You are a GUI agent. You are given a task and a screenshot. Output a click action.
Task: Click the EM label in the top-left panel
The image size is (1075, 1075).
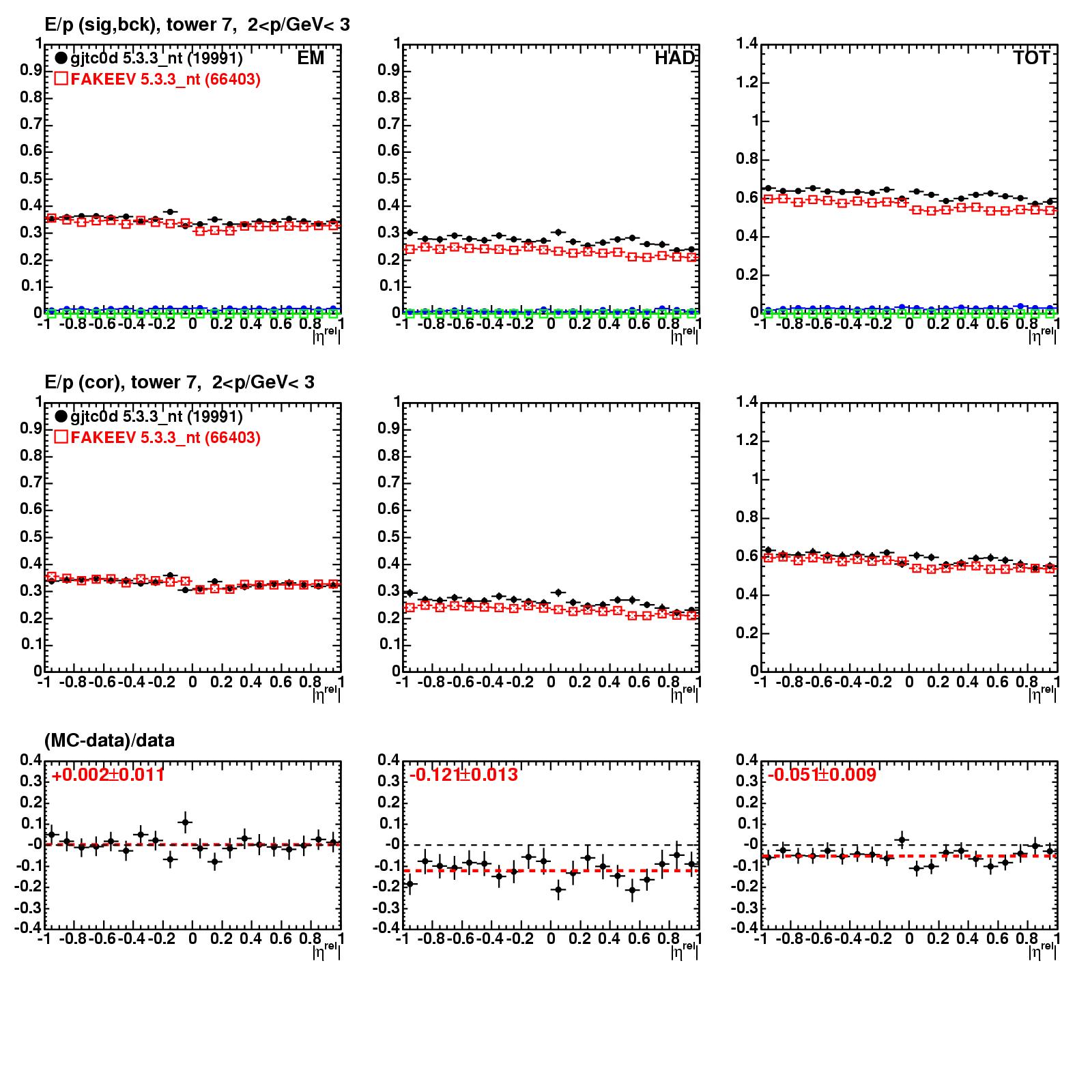311,58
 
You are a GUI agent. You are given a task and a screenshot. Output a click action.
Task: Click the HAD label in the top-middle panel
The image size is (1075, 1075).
674,58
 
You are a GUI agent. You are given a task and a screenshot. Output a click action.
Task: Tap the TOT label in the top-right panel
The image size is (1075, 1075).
1031,58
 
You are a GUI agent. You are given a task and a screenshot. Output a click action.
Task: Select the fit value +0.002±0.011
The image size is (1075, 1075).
108,775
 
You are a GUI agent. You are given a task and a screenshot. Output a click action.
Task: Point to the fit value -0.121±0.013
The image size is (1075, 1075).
463,775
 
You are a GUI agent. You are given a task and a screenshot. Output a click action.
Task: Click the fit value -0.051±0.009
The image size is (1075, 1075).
822,775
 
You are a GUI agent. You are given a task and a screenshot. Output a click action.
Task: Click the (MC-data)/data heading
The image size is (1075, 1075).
109,740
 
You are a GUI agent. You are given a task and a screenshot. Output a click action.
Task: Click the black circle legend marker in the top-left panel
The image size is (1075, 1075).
61,58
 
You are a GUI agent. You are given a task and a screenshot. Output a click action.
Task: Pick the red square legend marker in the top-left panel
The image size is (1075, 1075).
61,79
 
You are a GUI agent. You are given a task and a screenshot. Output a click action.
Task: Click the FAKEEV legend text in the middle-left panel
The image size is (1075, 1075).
165,438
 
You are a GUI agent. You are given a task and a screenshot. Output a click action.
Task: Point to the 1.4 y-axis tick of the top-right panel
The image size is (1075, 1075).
748,44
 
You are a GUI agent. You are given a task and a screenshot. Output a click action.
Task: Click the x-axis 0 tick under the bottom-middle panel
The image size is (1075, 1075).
551,938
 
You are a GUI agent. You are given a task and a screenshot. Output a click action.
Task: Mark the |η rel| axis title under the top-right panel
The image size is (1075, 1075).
1042,334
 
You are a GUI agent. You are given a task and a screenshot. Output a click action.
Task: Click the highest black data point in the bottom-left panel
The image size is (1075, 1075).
185,822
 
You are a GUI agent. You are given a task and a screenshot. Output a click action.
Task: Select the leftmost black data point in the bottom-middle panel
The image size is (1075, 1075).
410,884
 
